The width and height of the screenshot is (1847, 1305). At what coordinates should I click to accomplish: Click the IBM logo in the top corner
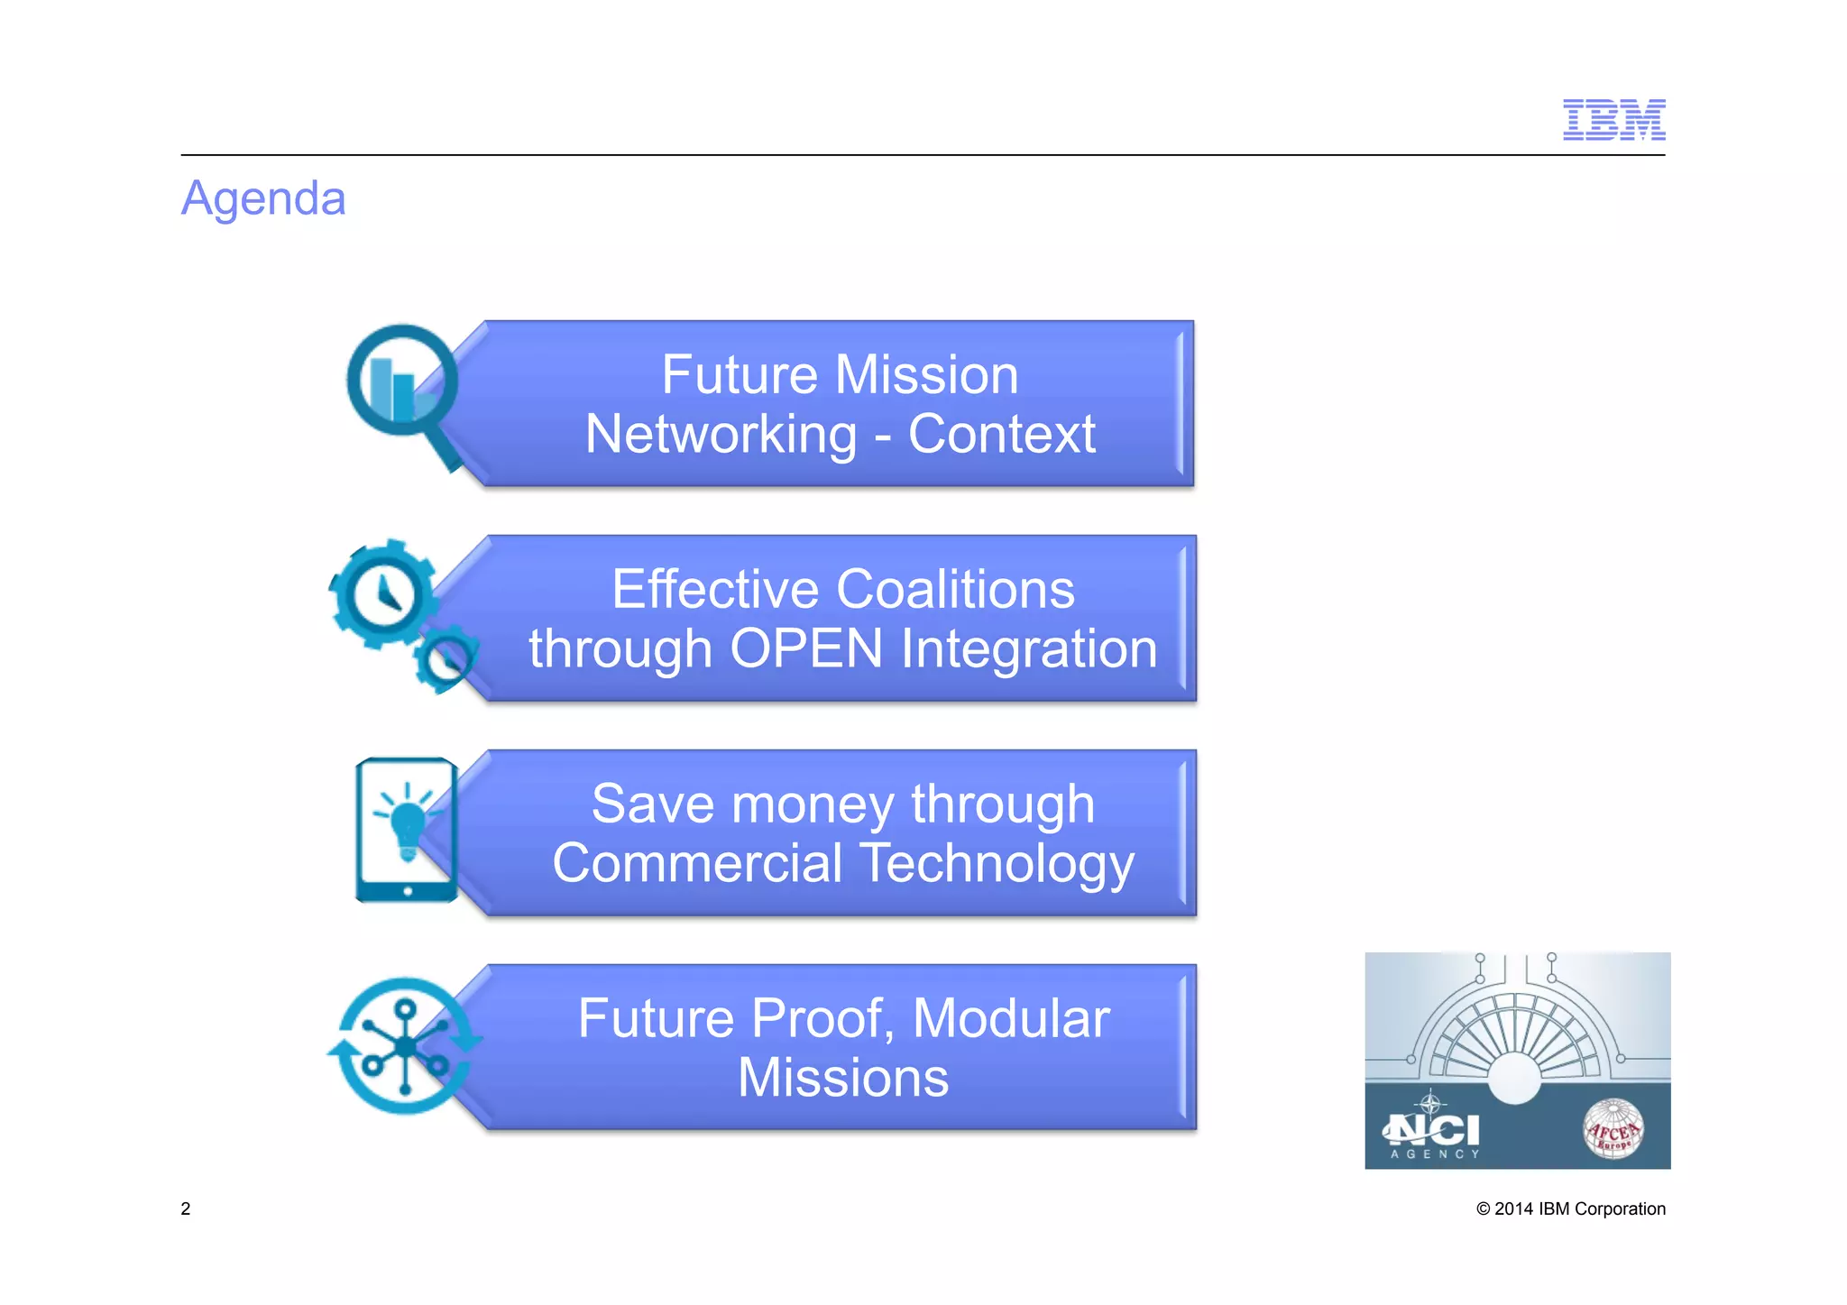[1613, 120]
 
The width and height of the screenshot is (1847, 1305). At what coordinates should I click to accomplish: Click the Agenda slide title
[263, 198]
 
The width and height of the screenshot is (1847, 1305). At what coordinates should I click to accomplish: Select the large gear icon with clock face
[382, 594]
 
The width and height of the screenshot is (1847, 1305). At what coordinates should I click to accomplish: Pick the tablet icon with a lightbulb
[407, 830]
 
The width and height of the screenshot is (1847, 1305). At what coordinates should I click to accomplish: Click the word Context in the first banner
[1001, 434]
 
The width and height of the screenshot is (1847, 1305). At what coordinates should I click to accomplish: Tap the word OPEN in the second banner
[806, 648]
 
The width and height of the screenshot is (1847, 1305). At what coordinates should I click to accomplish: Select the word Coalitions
[955, 589]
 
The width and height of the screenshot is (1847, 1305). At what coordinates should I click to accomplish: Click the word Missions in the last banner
[843, 1078]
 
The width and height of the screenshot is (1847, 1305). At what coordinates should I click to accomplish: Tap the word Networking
[721, 434]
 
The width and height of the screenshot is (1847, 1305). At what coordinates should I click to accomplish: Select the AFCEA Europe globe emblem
[1613, 1128]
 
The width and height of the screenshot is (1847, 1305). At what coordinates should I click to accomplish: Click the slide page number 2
[186, 1209]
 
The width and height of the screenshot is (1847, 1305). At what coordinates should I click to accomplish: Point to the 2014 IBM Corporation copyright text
[1570, 1209]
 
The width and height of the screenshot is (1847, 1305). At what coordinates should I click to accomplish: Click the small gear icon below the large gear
[446, 658]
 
